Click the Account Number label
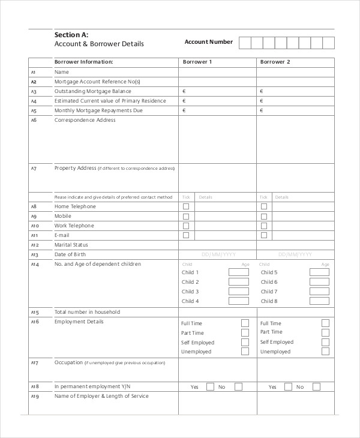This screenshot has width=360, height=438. (208, 42)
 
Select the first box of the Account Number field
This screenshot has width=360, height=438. (245, 43)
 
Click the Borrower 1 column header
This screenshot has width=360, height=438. (197, 62)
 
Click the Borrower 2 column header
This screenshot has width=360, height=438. (275, 62)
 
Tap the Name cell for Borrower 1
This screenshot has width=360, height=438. (217, 72)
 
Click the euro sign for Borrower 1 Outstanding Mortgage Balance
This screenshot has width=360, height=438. (184, 91)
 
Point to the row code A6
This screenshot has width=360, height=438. (34, 120)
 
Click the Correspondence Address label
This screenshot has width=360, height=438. (85, 120)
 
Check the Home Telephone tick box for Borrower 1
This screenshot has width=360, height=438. (186, 206)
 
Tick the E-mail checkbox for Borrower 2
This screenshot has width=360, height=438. (264, 235)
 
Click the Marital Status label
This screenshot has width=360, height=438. (71, 245)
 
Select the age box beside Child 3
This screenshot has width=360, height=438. (238, 292)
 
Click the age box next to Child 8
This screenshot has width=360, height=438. (319, 301)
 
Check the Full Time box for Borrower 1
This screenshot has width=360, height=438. (245, 323)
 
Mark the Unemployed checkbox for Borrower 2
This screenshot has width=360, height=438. (325, 352)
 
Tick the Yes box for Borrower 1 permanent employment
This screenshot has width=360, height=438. (210, 387)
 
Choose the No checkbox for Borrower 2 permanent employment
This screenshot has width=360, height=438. (316, 387)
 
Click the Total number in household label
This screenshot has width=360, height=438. (87, 312)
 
